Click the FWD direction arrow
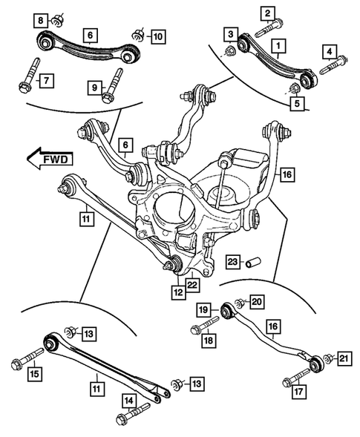(x=49, y=157)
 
